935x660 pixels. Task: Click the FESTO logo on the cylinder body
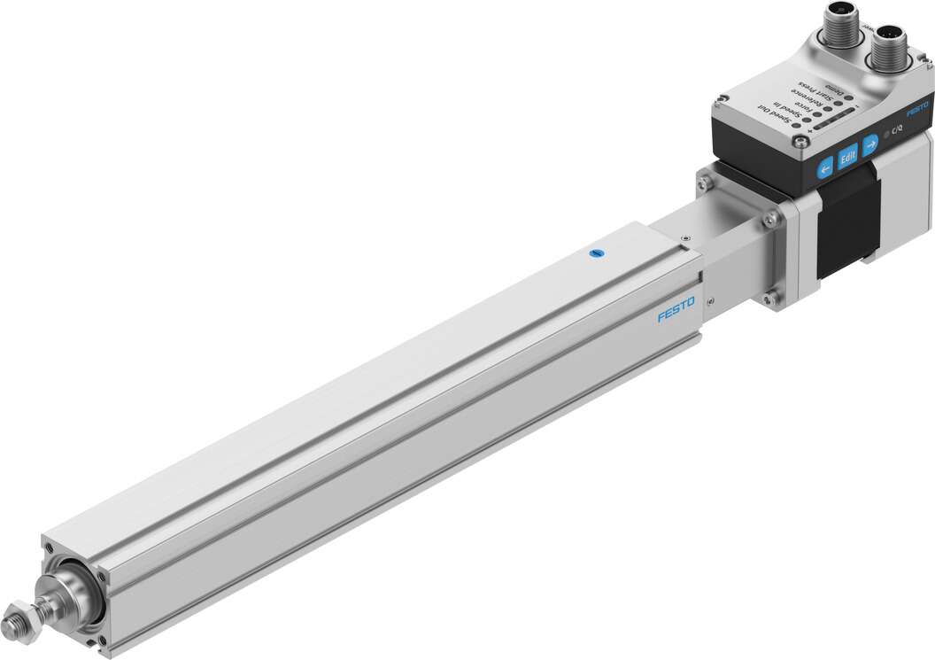[676, 312]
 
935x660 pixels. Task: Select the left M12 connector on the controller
[841, 23]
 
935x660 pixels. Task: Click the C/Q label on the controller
[897, 128]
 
